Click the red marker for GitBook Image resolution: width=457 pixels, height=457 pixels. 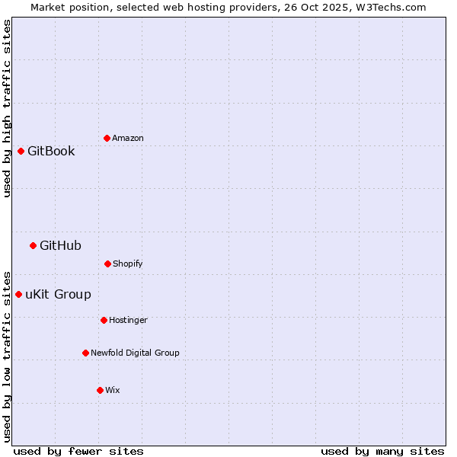pos(21,151)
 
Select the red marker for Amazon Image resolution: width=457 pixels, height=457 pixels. pos(107,138)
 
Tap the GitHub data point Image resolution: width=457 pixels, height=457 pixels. pos(33,245)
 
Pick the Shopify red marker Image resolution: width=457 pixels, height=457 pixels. pos(107,264)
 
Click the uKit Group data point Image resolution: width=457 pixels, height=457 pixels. pos(18,294)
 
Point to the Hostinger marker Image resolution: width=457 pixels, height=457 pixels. pos(104,320)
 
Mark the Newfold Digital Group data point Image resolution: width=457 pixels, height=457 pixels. pos(85,353)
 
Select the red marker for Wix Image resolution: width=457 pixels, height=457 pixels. pos(100,390)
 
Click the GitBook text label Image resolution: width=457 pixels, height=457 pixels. pos(51,151)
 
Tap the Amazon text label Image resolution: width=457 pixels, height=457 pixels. pos(128,138)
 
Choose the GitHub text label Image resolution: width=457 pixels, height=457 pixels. pos(60,245)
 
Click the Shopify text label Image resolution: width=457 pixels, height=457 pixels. pos(128,264)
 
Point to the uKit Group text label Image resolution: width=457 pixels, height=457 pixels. pos(58,294)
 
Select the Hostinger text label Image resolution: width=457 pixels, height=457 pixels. pos(128,320)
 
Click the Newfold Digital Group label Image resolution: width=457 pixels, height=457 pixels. pos(135,353)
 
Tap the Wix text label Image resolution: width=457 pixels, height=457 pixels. pos(113,390)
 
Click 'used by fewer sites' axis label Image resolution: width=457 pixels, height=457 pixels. pos(78,451)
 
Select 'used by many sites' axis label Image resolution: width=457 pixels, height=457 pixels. pos(382,451)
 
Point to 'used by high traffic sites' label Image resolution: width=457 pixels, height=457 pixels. pos(7,108)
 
